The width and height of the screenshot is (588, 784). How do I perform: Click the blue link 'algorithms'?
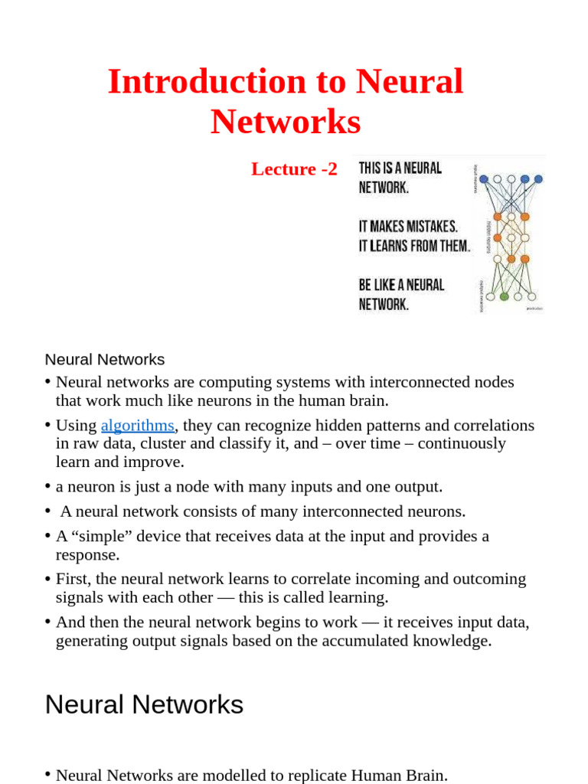point(138,426)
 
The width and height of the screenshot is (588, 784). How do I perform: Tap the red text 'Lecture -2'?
point(294,169)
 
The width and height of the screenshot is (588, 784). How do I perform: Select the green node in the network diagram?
point(504,296)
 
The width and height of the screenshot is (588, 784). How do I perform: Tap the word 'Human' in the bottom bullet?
point(362,775)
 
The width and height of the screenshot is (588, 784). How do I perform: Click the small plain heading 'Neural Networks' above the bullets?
point(105,359)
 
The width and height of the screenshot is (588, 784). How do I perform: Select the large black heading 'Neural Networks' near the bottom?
point(144,704)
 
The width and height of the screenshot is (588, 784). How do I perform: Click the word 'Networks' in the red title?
point(286,122)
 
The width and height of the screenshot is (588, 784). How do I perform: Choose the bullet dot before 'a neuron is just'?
point(48,486)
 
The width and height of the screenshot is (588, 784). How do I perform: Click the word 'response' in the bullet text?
point(87,554)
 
